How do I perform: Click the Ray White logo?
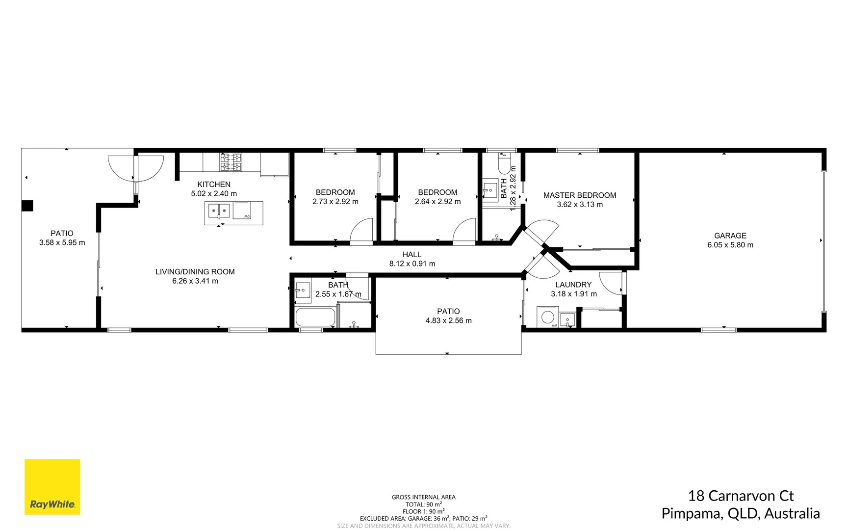click(52, 487)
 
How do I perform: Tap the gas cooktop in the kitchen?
click(231, 162)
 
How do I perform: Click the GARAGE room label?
click(730, 236)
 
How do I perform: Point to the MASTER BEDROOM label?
click(579, 195)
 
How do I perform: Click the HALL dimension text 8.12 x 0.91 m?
click(412, 264)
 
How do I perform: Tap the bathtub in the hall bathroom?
click(315, 317)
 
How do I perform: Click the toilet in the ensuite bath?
click(505, 164)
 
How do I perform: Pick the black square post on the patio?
click(27, 206)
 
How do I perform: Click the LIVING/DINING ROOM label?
click(195, 272)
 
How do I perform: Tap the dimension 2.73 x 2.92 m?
click(335, 202)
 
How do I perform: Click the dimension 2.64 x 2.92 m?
click(437, 202)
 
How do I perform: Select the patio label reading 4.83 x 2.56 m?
click(448, 320)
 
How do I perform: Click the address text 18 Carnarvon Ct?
click(740, 496)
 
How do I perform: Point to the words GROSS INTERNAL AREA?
click(423, 497)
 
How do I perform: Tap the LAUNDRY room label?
click(573, 285)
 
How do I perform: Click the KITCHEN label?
click(213, 185)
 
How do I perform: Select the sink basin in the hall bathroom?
click(303, 290)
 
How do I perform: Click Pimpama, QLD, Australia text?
click(740, 514)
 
